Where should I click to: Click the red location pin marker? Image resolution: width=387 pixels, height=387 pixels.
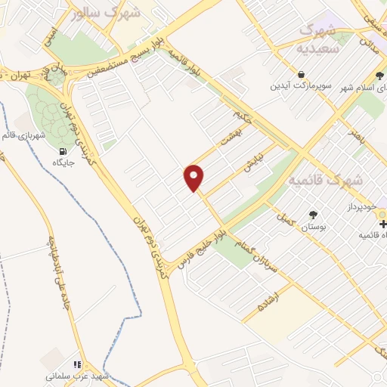[194, 177]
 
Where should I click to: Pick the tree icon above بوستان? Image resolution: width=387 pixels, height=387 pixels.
[313, 215]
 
